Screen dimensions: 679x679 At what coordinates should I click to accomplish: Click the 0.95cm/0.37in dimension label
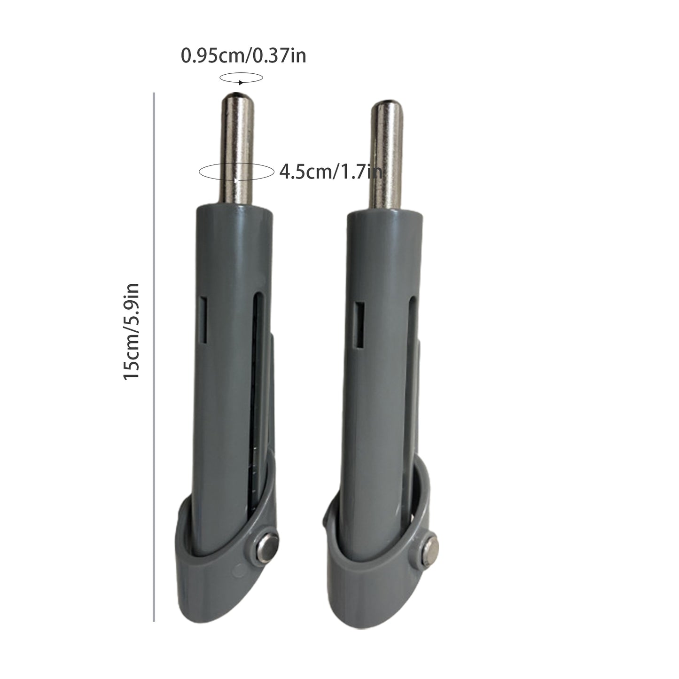[x=243, y=56]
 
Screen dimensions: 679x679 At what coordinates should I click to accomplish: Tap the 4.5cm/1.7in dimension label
[x=330, y=172]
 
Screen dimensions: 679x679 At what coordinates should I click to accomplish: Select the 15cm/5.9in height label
[x=132, y=332]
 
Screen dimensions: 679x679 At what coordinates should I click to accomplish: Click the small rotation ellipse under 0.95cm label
[x=242, y=78]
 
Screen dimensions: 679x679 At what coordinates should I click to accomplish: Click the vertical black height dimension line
[x=154, y=357]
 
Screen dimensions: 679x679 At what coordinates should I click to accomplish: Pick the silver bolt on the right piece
[x=429, y=550]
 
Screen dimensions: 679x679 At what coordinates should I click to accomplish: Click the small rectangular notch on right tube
[x=360, y=325]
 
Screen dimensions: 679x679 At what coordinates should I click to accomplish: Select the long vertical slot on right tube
[x=412, y=376]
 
